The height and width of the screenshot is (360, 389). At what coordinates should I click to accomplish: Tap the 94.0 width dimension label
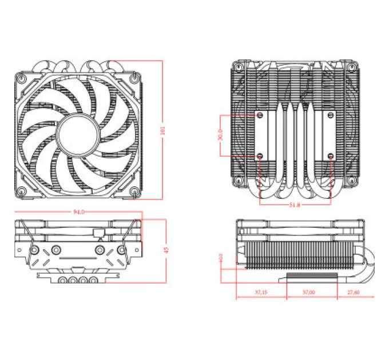(78, 211)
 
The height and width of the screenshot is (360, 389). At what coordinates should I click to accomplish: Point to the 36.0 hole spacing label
(220, 135)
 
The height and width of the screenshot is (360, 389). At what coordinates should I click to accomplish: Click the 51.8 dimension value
(295, 205)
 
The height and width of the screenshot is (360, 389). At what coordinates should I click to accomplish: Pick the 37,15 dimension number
(260, 292)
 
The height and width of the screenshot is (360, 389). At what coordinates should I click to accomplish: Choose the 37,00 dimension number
(308, 292)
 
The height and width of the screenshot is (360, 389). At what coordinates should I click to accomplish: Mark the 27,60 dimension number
(354, 292)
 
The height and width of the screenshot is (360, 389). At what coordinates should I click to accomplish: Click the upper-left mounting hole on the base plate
(260, 115)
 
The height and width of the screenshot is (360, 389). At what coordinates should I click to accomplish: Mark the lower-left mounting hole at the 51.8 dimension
(260, 155)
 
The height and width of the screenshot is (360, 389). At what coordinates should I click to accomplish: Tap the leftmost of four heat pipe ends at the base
(60, 281)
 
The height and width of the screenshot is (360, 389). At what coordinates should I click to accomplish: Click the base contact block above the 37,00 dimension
(308, 277)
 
